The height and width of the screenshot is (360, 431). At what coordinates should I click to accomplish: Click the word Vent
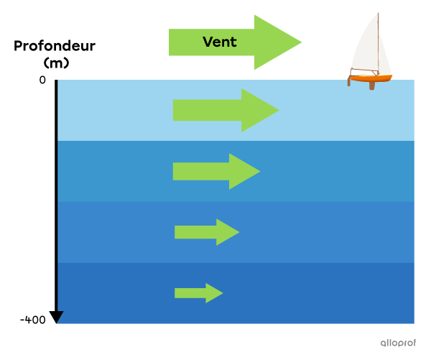219,42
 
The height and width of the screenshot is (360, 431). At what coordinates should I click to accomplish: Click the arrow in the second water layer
215,171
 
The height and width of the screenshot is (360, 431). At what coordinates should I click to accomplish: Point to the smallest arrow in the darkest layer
198,293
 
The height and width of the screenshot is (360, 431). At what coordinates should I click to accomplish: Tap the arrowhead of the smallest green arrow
214,293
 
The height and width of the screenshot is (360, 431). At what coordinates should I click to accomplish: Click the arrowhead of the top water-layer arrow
259,110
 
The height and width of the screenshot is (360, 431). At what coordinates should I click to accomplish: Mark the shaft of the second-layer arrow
200,171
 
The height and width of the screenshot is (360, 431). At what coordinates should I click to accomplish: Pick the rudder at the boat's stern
349,81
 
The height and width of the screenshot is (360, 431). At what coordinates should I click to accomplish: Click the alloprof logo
398,343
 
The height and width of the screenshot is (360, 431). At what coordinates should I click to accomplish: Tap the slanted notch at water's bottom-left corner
60,317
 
